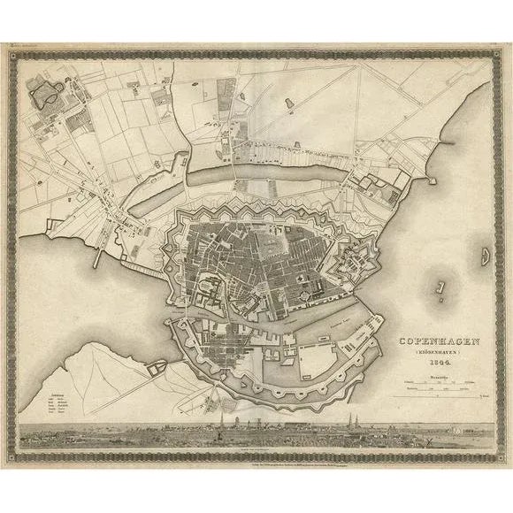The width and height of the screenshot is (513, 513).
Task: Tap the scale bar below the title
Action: [x=433, y=387]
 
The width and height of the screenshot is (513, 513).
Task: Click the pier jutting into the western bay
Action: [x=100, y=256]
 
